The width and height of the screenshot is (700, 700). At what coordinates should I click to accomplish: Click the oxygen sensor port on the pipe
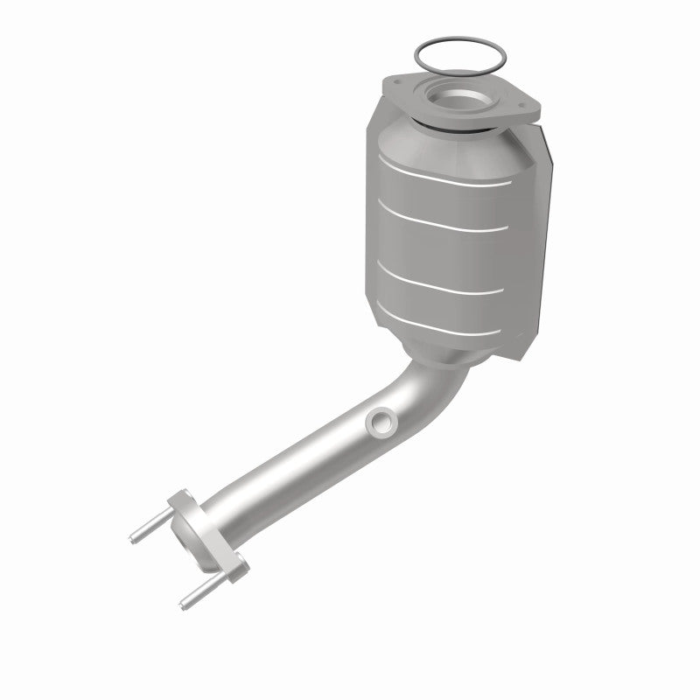click(381, 423)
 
